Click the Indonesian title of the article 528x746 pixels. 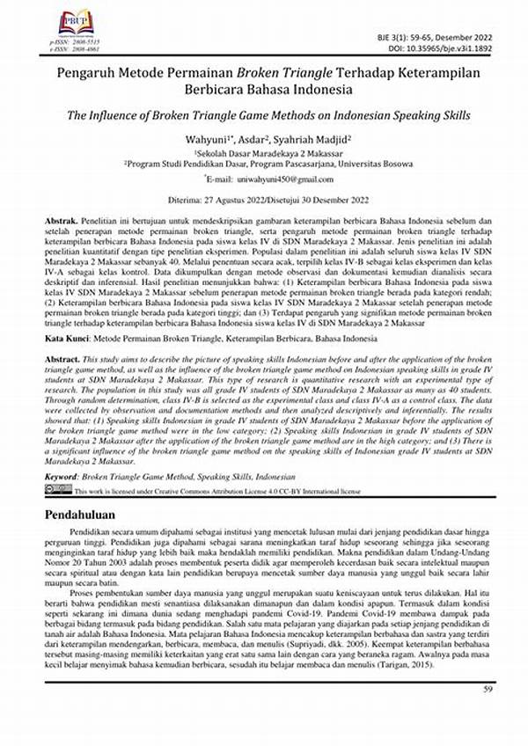[x=263, y=81]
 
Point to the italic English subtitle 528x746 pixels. [x=263, y=116]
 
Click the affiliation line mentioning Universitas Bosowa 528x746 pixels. [x=263, y=163]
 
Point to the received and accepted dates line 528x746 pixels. [x=263, y=199]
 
